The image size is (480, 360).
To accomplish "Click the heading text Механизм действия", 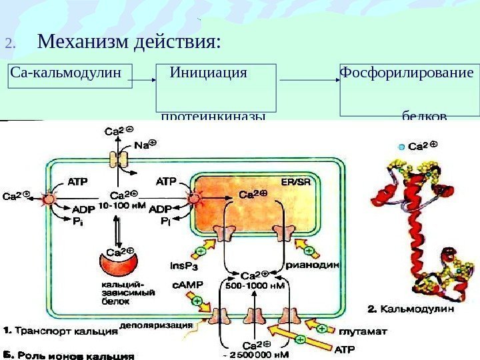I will point(129,43).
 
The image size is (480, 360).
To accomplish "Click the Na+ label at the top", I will point(144,145).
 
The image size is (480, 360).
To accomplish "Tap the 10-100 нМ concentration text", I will point(123,205).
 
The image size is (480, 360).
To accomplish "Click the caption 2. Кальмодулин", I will point(411,309).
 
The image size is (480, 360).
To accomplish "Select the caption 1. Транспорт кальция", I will point(58,329).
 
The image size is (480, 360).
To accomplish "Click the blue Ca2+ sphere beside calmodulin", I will point(401,145).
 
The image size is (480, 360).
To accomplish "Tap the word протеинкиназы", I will point(213,117).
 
